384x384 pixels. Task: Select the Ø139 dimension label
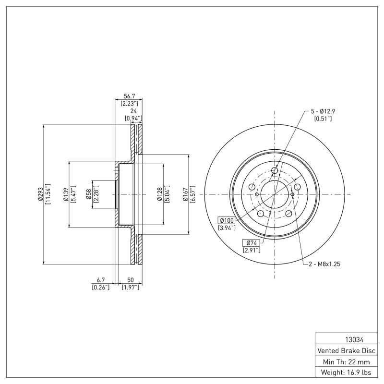click(66, 194)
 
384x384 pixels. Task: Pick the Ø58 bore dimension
click(89, 194)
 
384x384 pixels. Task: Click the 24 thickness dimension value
click(133, 110)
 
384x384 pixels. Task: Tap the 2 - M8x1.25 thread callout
click(324, 264)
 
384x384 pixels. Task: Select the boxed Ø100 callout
click(227, 220)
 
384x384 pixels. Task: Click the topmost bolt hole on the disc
click(275, 170)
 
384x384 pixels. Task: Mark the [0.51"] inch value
click(323, 118)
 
